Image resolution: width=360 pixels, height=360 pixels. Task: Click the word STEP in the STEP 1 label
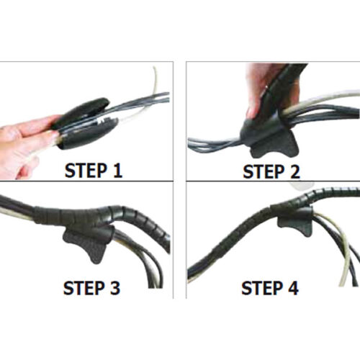click(86, 171)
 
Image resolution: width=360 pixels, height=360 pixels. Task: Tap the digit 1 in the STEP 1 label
click(117, 171)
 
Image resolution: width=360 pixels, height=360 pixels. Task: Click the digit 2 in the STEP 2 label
click(295, 171)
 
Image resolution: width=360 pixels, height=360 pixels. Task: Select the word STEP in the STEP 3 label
click(84, 288)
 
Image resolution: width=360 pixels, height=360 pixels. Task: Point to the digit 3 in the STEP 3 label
click(115, 288)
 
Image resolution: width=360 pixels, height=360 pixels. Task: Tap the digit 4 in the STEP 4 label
click(293, 288)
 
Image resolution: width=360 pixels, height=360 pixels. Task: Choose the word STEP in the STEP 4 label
click(263, 288)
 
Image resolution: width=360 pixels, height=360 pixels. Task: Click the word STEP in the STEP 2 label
click(264, 171)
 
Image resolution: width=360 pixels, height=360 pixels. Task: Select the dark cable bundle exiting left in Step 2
click(215, 144)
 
